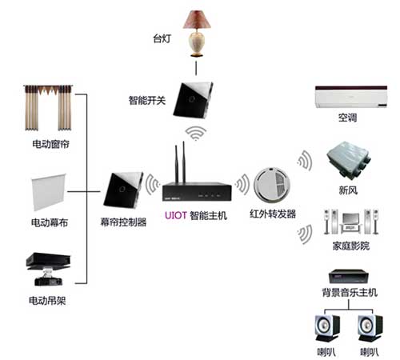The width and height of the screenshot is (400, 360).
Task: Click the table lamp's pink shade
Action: coord(197,19)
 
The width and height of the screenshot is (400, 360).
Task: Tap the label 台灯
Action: coord(162,38)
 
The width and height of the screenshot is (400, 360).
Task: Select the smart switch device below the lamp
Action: coord(193,100)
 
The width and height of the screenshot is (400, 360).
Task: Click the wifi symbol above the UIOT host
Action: coord(196,133)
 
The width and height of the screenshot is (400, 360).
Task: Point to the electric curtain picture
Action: coord(48,108)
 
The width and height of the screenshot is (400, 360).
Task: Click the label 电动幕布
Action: coord(50,222)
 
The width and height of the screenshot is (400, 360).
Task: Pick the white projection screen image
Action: coord(49,192)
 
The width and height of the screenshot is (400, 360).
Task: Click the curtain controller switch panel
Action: coord(123,190)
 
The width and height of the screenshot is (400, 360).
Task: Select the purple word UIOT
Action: coord(175,215)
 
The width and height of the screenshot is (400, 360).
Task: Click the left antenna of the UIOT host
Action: coord(176,164)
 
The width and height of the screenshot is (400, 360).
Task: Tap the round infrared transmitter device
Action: coord(271,184)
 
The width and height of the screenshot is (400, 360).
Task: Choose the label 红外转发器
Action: coord(273,214)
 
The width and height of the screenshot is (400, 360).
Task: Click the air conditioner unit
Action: coord(351,97)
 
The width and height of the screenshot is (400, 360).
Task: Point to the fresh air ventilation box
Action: coord(349,159)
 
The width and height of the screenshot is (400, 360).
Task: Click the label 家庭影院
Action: coord(351,246)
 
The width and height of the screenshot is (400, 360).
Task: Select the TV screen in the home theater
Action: coord(351,218)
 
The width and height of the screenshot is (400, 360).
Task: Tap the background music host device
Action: coord(349,277)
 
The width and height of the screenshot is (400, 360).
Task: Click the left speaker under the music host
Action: coord(327,328)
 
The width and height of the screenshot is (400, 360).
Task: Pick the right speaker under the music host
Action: coord(370,328)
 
